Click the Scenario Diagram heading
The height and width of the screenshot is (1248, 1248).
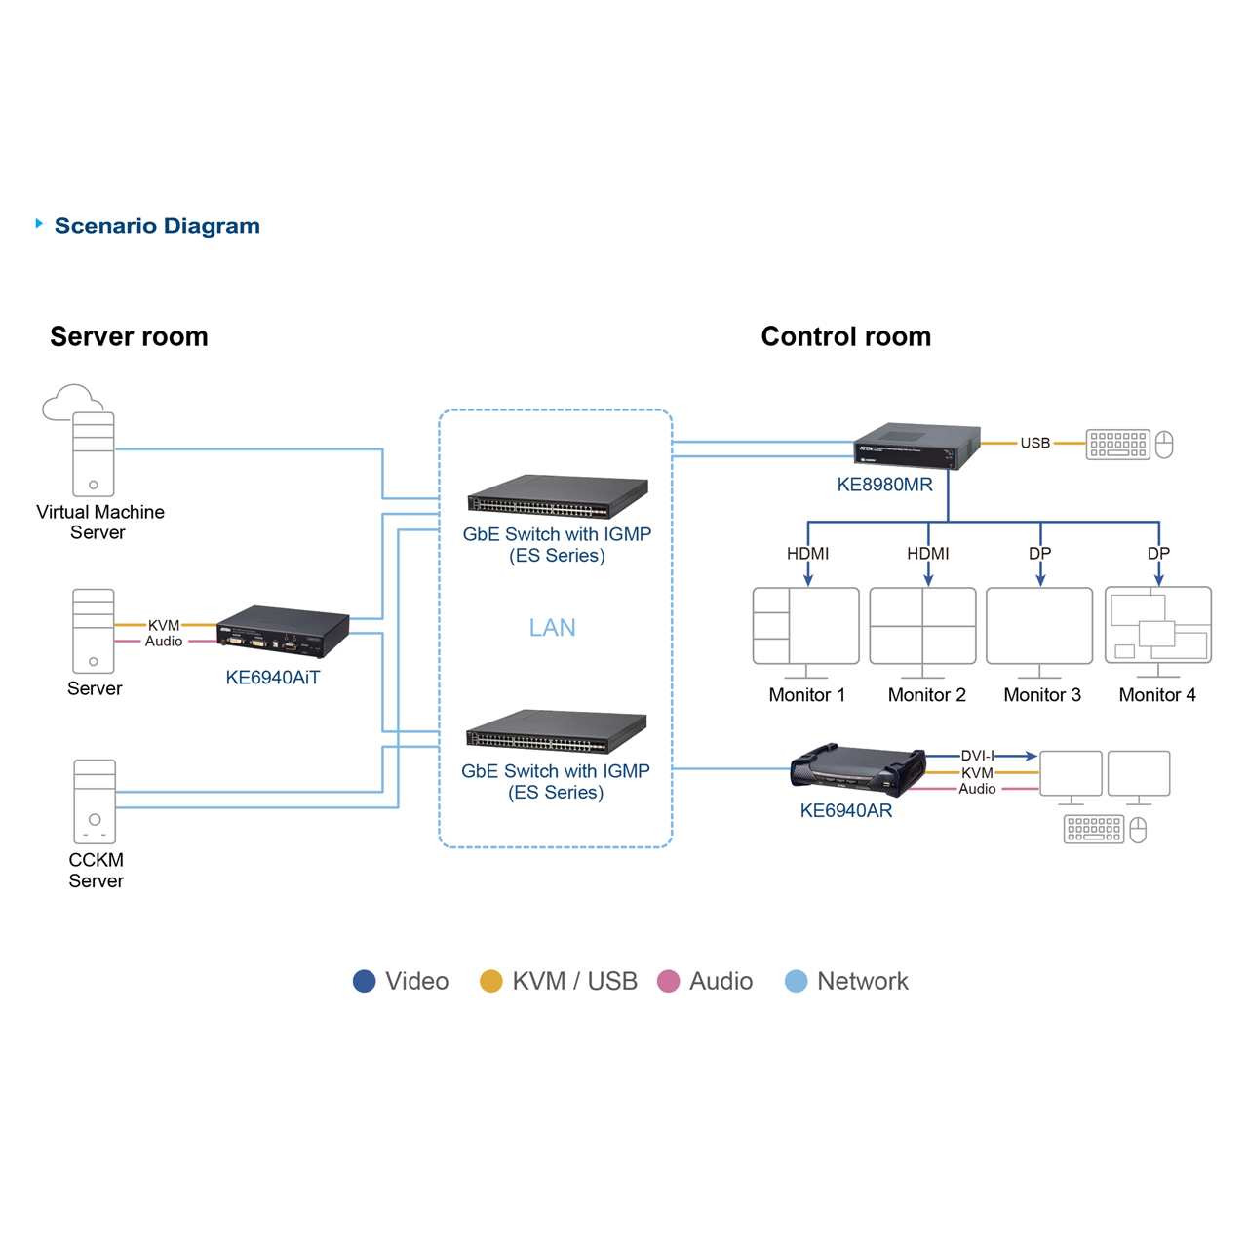[x=156, y=226]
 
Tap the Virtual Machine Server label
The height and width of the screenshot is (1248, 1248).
[x=99, y=522]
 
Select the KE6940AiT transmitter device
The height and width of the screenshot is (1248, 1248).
[x=283, y=632]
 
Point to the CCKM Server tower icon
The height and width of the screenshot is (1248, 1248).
[x=95, y=801]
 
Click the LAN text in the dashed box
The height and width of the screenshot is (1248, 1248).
[x=552, y=628]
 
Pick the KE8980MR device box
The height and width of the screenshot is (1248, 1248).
[x=916, y=447]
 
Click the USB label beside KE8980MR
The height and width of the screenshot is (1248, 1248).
[x=1034, y=444]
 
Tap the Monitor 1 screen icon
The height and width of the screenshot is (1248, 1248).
[x=805, y=626]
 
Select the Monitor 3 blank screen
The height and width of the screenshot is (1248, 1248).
[x=1039, y=626]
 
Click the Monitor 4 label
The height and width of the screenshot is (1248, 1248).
[x=1157, y=695]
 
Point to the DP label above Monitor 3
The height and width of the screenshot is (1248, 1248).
[x=1040, y=553]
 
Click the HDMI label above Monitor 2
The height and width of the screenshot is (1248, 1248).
[x=927, y=553]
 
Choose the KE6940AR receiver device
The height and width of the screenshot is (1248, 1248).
[x=858, y=768]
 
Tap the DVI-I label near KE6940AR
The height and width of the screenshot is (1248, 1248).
[x=977, y=756]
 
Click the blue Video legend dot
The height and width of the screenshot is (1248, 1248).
[x=364, y=981]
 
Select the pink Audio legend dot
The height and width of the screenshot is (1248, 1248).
[x=668, y=981]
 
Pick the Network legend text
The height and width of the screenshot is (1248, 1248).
[x=862, y=981]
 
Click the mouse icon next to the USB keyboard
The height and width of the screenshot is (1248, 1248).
[x=1164, y=445]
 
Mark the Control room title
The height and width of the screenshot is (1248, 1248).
[x=845, y=336]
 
